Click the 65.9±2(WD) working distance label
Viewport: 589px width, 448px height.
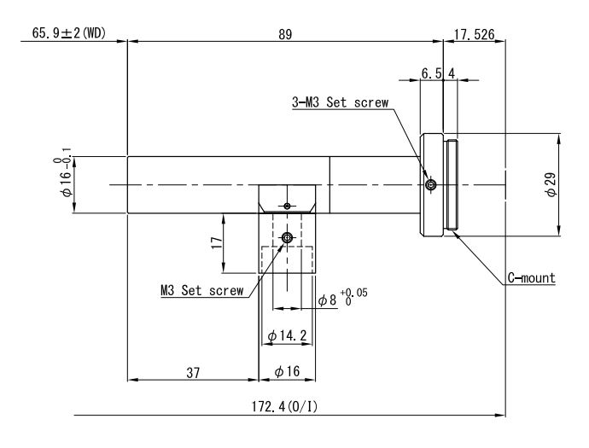(x=69, y=33)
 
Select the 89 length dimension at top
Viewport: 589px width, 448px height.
(x=285, y=34)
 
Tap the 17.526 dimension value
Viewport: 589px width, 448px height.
(x=474, y=34)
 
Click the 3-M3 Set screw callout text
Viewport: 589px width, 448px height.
(x=341, y=102)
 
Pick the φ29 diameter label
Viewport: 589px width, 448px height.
(x=551, y=184)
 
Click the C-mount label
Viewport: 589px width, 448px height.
(x=532, y=278)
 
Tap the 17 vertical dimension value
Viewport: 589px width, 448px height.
(x=217, y=243)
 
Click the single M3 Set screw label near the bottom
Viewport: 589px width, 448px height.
(x=202, y=290)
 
